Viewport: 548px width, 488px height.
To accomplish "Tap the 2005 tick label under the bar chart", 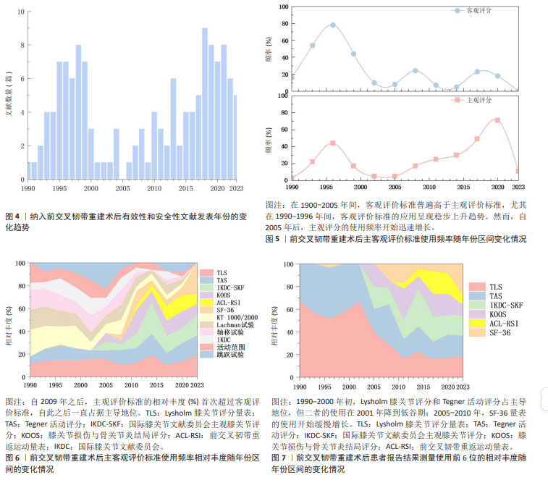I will click(122, 189).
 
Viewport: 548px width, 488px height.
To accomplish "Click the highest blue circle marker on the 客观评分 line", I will click(333, 25).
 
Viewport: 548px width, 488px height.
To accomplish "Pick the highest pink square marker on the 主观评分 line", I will click(497, 120).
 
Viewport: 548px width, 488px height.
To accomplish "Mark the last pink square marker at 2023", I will click(518, 171).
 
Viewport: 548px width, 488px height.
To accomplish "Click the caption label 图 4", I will click(12, 216).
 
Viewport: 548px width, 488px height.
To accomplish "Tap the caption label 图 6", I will click(12, 458).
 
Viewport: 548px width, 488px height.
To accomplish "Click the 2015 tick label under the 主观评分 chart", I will click(457, 187).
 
